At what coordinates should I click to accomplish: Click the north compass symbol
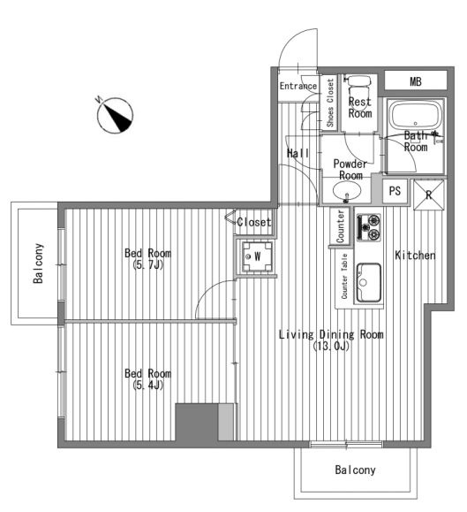115,115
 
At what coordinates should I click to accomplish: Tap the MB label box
416,80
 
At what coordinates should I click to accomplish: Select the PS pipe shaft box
395,191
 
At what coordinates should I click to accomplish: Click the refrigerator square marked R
428,195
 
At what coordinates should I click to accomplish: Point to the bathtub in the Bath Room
415,115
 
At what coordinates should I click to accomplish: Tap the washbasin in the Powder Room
347,190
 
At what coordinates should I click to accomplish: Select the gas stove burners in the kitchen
369,227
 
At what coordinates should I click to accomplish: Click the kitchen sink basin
369,282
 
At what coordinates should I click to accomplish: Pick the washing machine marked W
257,256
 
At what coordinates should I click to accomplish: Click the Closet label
254,222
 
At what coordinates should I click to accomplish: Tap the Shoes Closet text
330,103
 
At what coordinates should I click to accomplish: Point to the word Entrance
298,86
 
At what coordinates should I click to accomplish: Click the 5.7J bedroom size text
148,264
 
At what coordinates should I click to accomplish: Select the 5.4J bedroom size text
148,385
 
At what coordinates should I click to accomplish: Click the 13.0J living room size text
331,346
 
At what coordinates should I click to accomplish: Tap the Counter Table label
344,276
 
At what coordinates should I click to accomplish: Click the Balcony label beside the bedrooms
38,264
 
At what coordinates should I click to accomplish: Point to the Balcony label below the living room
355,470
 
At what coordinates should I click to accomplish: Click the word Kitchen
415,255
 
